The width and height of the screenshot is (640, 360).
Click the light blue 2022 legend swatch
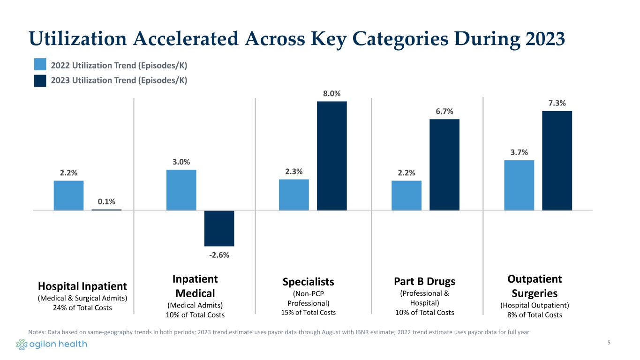[x=40, y=64]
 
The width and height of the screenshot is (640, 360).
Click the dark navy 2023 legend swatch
[x=40, y=80]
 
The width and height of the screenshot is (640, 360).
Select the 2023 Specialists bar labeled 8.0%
[x=332, y=156]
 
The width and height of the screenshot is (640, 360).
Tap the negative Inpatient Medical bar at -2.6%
[x=219, y=228]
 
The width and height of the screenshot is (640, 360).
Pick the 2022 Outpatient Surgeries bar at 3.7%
[x=519, y=185]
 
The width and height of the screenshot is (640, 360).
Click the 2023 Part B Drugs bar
[x=444, y=165]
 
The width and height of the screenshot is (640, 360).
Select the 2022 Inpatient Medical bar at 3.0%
[x=181, y=190]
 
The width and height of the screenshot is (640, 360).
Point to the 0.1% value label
[x=106, y=202]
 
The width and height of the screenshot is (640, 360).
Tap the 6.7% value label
[x=444, y=111]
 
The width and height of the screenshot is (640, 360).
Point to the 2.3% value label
[x=294, y=172]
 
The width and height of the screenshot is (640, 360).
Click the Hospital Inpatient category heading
[x=83, y=286]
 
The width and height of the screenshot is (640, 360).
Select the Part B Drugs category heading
[x=425, y=281]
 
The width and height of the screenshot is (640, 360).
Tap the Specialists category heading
[x=309, y=281]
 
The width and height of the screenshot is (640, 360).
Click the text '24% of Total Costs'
[x=83, y=307]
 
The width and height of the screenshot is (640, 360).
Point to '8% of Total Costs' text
[x=535, y=315]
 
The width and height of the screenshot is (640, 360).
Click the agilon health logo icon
[x=22, y=345]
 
